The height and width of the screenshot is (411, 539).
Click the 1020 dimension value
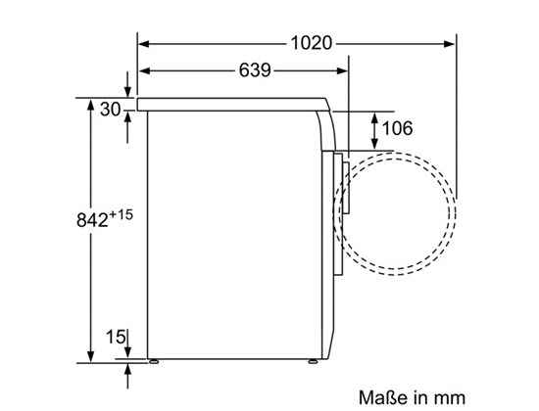(x=312, y=42)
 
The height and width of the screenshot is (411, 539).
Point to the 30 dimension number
(x=110, y=109)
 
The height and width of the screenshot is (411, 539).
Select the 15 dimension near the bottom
(x=116, y=339)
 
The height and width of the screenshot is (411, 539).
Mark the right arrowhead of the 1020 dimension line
(x=451, y=42)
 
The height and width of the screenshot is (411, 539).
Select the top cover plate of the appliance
(x=235, y=102)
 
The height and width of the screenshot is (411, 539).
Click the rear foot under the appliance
(x=153, y=360)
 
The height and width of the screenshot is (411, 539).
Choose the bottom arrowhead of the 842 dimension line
(x=91, y=356)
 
